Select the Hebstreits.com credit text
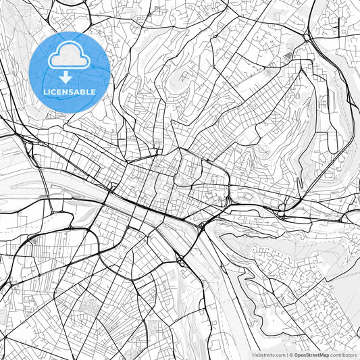pyautogui.click(x=268, y=355)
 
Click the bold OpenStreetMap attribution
pyautogui.click(x=311, y=355)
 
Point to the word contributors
pyautogui.click(x=344, y=355)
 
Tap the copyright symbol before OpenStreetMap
pyautogui.click(x=290, y=355)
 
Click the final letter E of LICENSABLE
pyautogui.click(x=93, y=91)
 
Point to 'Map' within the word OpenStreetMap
pyautogui.click(x=324, y=355)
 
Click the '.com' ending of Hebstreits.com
pyautogui.click(x=278, y=355)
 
